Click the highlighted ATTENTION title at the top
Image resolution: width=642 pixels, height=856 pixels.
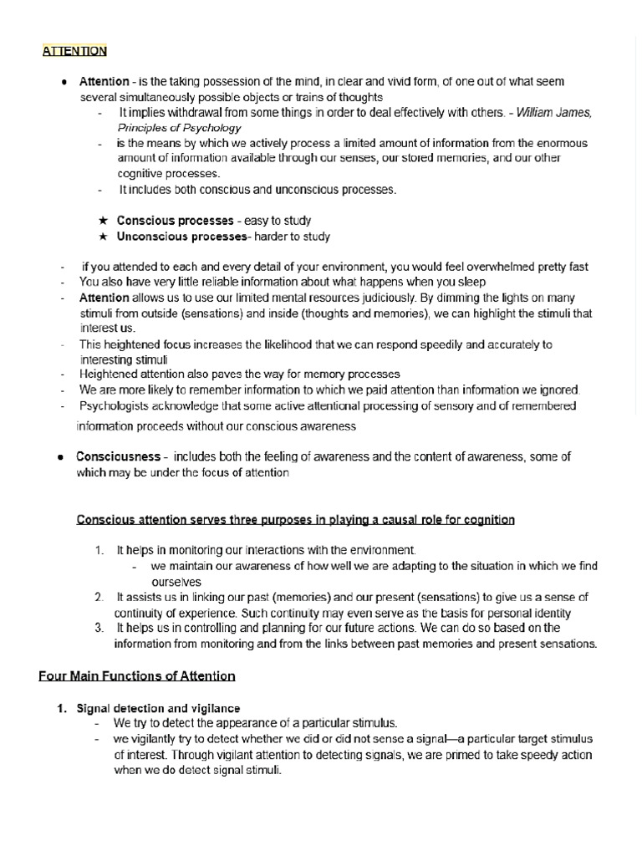coord(74,51)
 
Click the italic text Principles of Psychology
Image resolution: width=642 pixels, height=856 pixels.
coord(179,128)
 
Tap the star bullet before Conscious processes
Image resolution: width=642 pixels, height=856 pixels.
coord(103,221)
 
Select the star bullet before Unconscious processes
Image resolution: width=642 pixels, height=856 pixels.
coord(103,237)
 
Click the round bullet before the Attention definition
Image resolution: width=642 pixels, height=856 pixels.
coord(64,82)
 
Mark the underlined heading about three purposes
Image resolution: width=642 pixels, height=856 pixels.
coord(296,520)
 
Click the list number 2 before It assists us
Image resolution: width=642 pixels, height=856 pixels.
coord(99,597)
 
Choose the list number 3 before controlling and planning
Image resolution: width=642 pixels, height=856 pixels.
coord(99,628)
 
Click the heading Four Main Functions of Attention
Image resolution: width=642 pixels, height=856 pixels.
coord(137,675)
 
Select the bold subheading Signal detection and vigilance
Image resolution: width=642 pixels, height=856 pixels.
coord(158,707)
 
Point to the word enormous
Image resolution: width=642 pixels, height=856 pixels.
coord(558,144)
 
